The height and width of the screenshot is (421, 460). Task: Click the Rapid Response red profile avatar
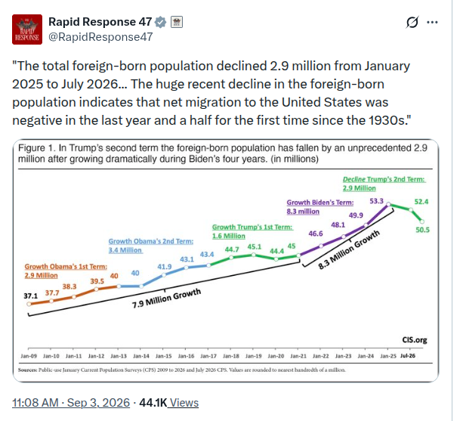pyautogui.click(x=27, y=29)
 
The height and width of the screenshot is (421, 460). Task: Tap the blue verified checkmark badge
pyautogui.click(x=160, y=22)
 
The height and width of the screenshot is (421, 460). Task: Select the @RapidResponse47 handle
pyautogui.click(x=100, y=37)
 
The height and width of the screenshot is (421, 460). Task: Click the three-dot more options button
pyautogui.click(x=432, y=22)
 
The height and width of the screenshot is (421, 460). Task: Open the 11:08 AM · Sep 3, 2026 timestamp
pyautogui.click(x=71, y=403)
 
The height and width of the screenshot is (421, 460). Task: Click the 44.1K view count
pyautogui.click(x=153, y=403)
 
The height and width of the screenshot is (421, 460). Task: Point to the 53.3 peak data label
pyautogui.click(x=376, y=201)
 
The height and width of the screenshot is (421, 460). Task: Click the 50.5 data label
pyautogui.click(x=422, y=230)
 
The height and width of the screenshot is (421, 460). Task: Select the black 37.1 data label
pyautogui.click(x=31, y=296)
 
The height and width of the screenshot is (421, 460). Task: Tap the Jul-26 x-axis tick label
pyautogui.click(x=408, y=356)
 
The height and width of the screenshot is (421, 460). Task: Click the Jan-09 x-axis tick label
pyautogui.click(x=29, y=356)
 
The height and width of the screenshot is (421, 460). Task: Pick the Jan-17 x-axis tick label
pyautogui.click(x=208, y=356)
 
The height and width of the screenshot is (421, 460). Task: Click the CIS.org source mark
pyautogui.click(x=415, y=340)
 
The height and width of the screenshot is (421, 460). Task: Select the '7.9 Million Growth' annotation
pyautogui.click(x=166, y=299)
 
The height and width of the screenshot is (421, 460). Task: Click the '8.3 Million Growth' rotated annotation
pyautogui.click(x=349, y=250)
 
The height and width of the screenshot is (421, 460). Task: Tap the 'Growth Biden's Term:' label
pyautogui.click(x=320, y=203)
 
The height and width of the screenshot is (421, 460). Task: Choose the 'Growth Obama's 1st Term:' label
pyautogui.click(x=66, y=267)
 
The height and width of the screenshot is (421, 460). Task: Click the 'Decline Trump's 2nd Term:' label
pyautogui.click(x=384, y=179)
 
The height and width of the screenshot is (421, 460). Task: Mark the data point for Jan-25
pyautogui.click(x=388, y=204)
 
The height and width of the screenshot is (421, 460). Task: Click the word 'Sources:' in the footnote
pyautogui.click(x=28, y=370)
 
